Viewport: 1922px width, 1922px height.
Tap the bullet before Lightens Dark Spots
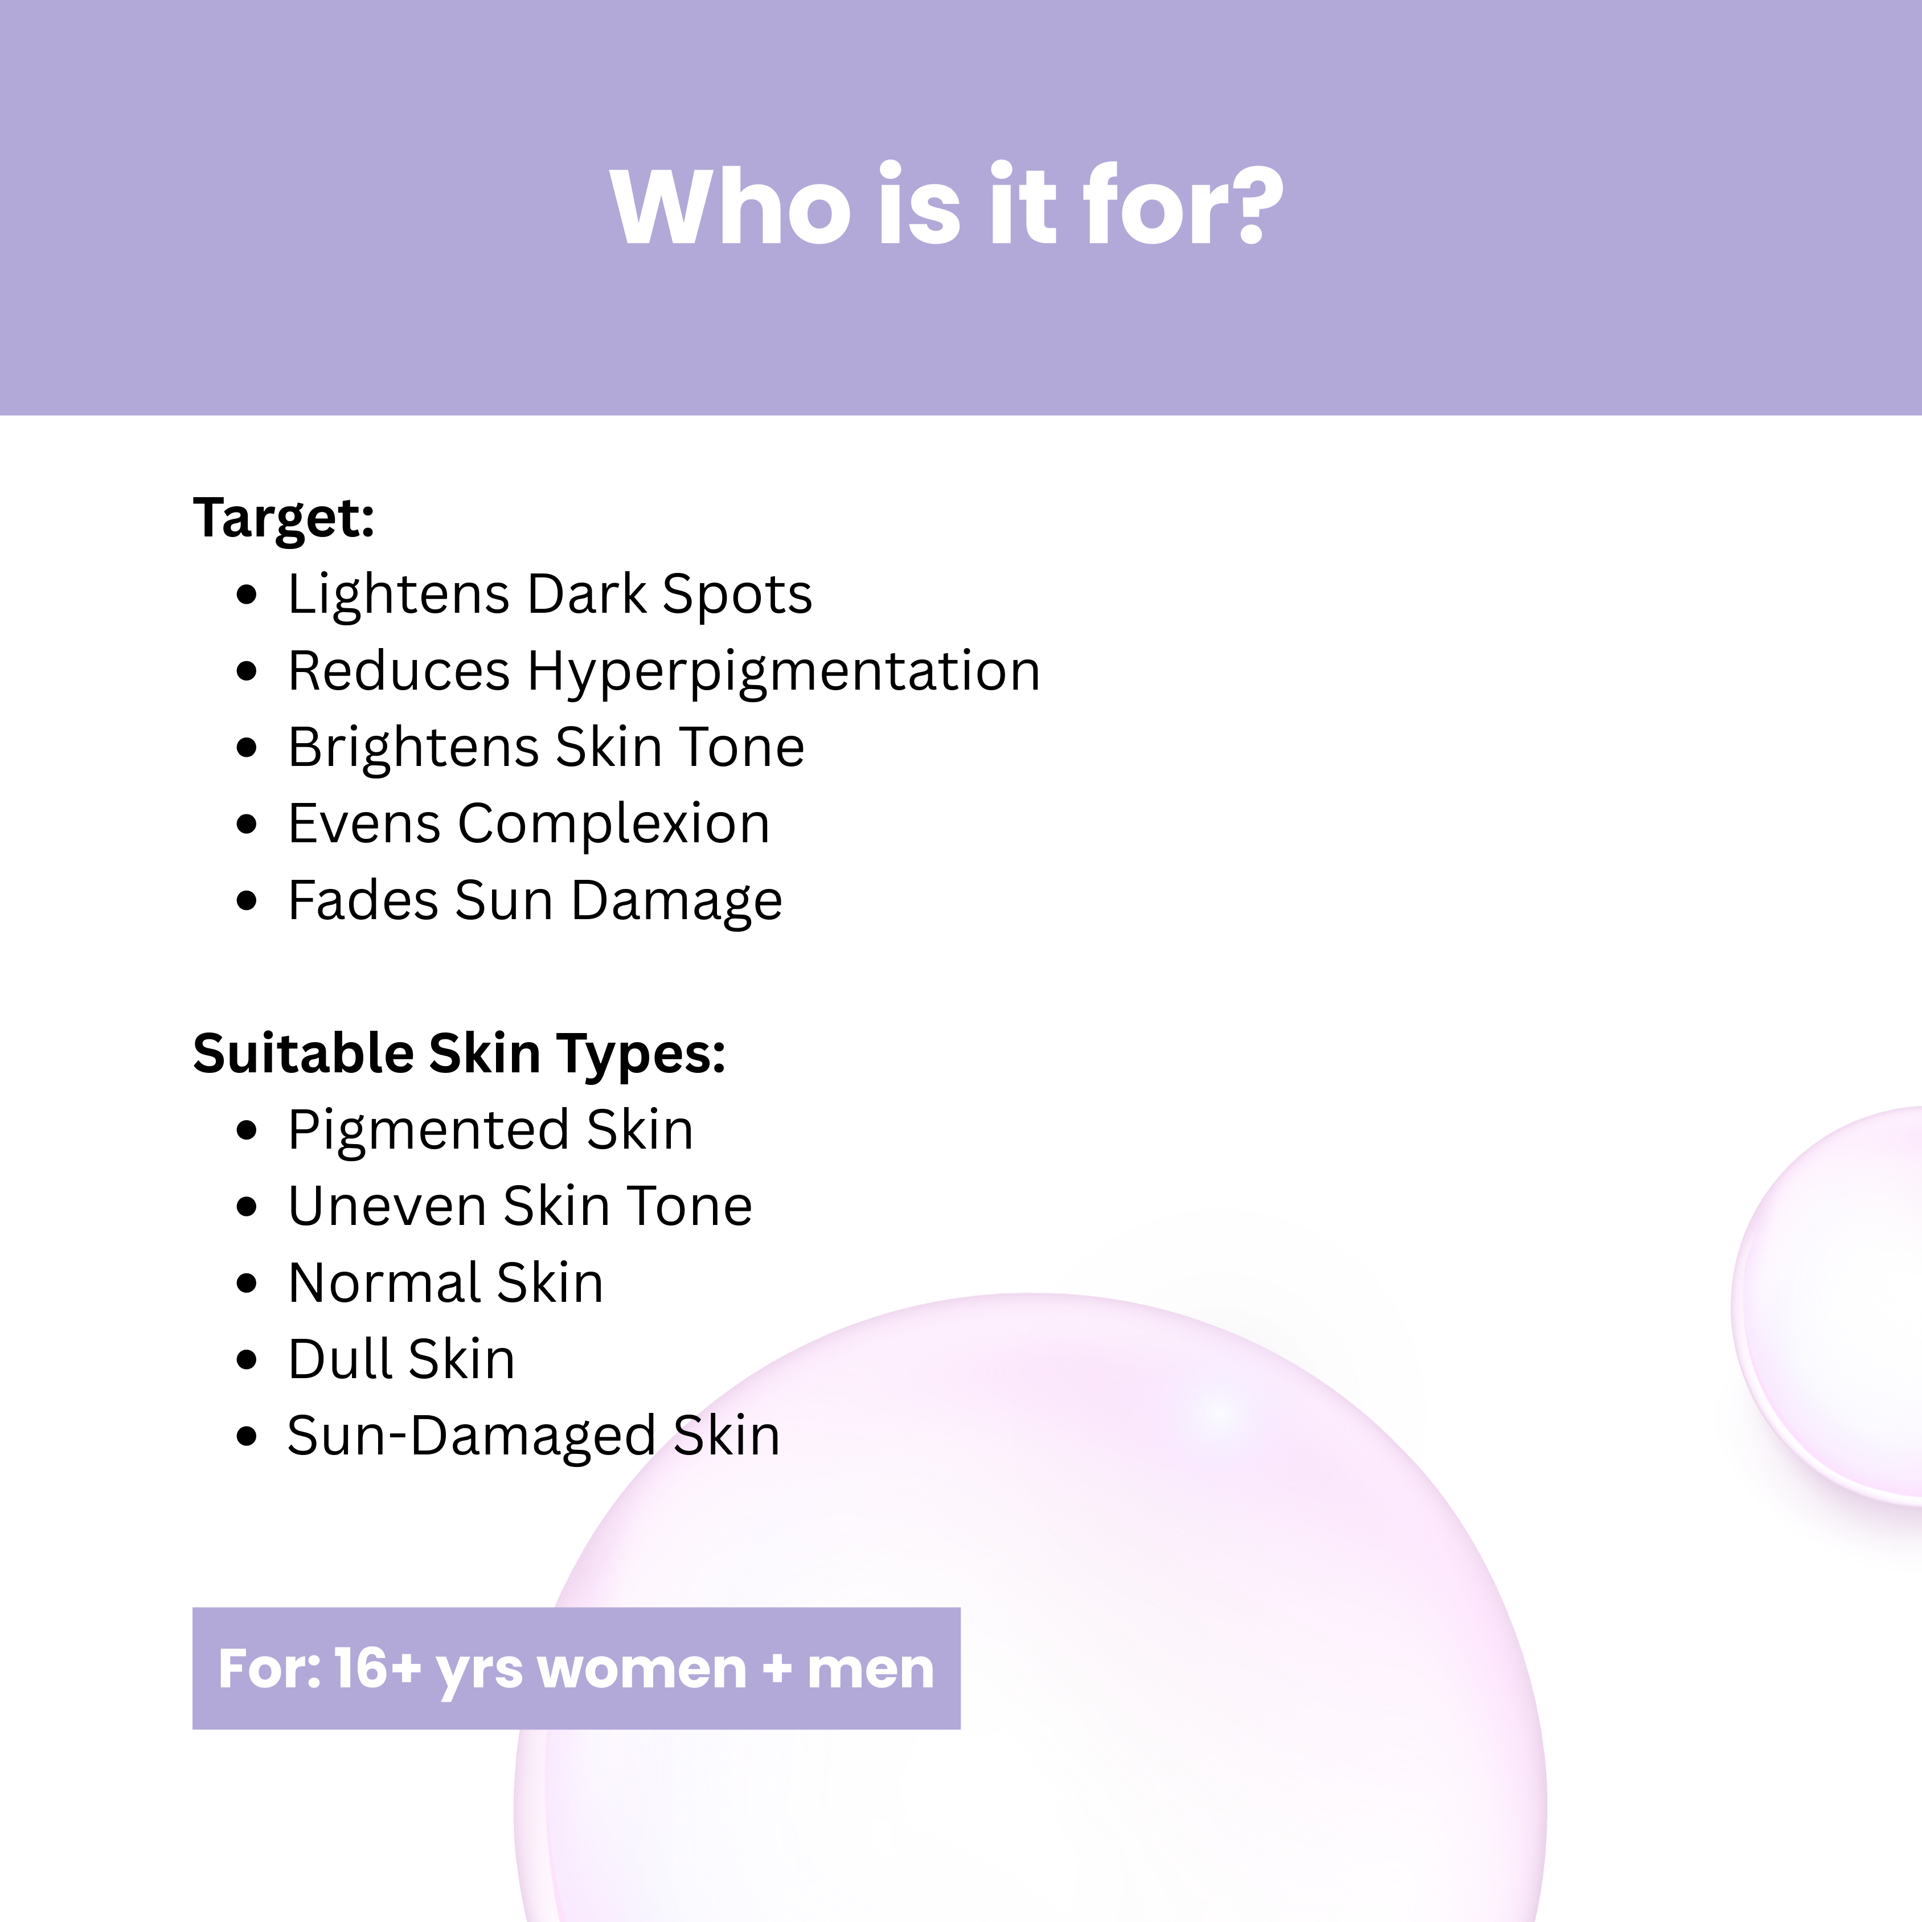247,595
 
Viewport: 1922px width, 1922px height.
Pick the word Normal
383,1282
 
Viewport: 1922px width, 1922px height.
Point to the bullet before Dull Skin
247,1360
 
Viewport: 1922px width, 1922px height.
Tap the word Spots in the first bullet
737,595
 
